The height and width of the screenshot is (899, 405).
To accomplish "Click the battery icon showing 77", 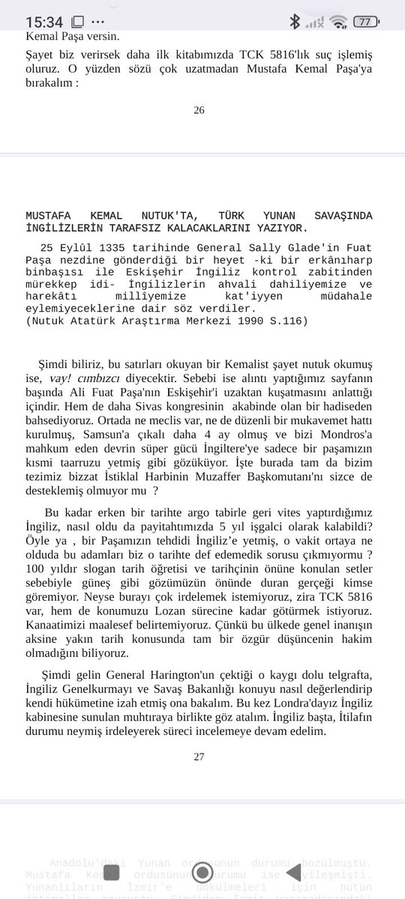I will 365,22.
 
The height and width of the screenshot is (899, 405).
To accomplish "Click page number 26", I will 199,110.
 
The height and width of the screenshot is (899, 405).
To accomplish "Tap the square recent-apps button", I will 111,872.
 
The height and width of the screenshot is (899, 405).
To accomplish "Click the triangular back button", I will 293,872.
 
